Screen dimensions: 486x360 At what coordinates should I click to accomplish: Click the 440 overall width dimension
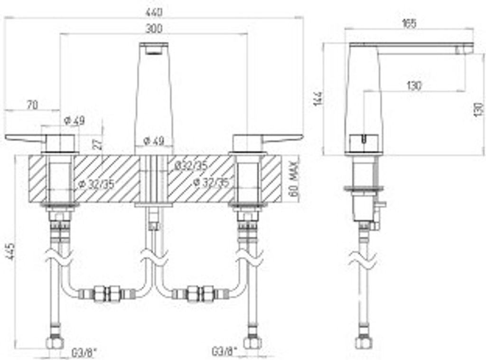[154, 13]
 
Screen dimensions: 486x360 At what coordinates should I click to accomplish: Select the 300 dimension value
[154, 29]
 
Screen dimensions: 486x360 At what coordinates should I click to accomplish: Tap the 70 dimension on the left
[33, 105]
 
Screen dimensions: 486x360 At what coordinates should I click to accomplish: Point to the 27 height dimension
[97, 144]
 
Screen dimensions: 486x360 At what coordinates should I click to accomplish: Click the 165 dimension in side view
[409, 24]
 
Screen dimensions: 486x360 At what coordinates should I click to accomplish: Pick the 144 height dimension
[318, 99]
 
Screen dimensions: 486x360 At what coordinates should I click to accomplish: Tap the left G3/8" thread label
[84, 352]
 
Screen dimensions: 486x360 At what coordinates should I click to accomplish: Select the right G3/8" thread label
[224, 351]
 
